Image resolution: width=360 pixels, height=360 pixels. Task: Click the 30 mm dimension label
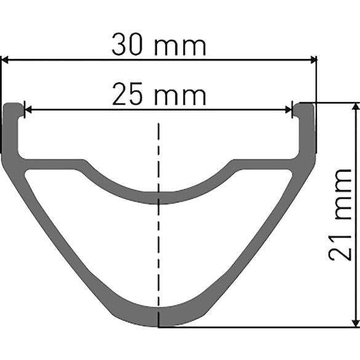click(x=158, y=46)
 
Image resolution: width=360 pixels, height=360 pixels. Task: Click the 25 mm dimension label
click(x=158, y=95)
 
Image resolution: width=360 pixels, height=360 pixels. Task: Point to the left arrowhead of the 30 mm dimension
click(x=5, y=60)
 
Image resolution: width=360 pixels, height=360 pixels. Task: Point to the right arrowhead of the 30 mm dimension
click(x=312, y=60)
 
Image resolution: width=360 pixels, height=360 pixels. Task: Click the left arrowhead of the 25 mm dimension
click(x=28, y=110)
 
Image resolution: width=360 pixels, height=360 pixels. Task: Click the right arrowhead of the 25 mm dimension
click(x=289, y=110)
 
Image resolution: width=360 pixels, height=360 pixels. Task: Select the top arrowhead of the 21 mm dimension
click(x=354, y=107)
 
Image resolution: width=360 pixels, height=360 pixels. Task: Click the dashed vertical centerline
click(x=159, y=246)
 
